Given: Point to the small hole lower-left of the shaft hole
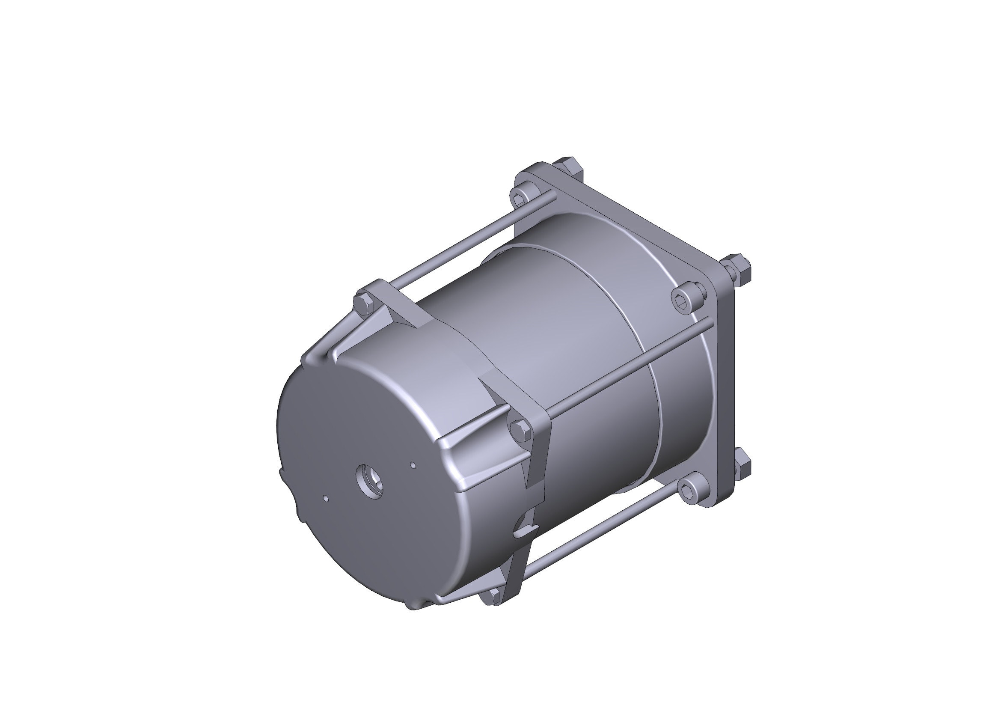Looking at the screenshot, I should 326,497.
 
